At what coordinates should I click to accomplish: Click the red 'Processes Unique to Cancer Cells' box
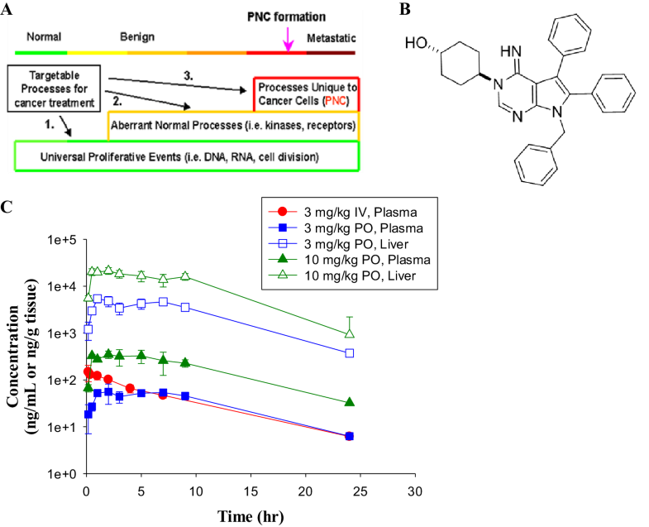(x=304, y=94)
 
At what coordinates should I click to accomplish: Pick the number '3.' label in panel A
(x=189, y=75)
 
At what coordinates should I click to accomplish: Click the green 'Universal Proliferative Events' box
(x=186, y=156)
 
